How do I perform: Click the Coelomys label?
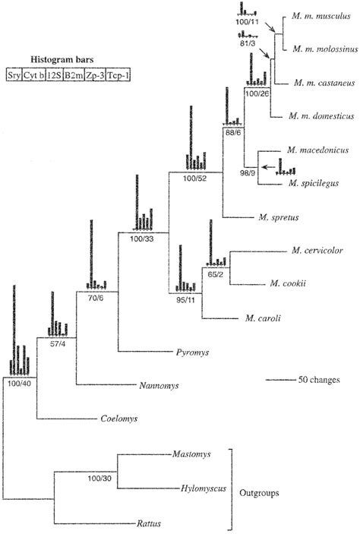[x=118, y=418]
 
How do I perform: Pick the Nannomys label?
[x=158, y=386]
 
